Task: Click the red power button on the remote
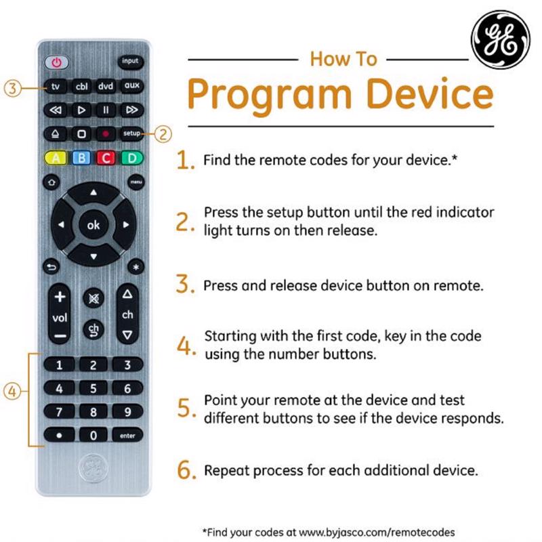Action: (x=57, y=62)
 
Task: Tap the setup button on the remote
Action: (x=131, y=133)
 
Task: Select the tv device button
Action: (x=57, y=87)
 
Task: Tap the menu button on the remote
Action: (x=135, y=182)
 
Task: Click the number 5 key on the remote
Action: (x=93, y=389)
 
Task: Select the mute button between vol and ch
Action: (x=93, y=298)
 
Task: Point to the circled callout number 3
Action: (x=13, y=87)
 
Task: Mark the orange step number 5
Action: (x=186, y=408)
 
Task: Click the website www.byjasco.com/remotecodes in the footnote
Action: (x=375, y=532)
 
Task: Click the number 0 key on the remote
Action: (x=93, y=436)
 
